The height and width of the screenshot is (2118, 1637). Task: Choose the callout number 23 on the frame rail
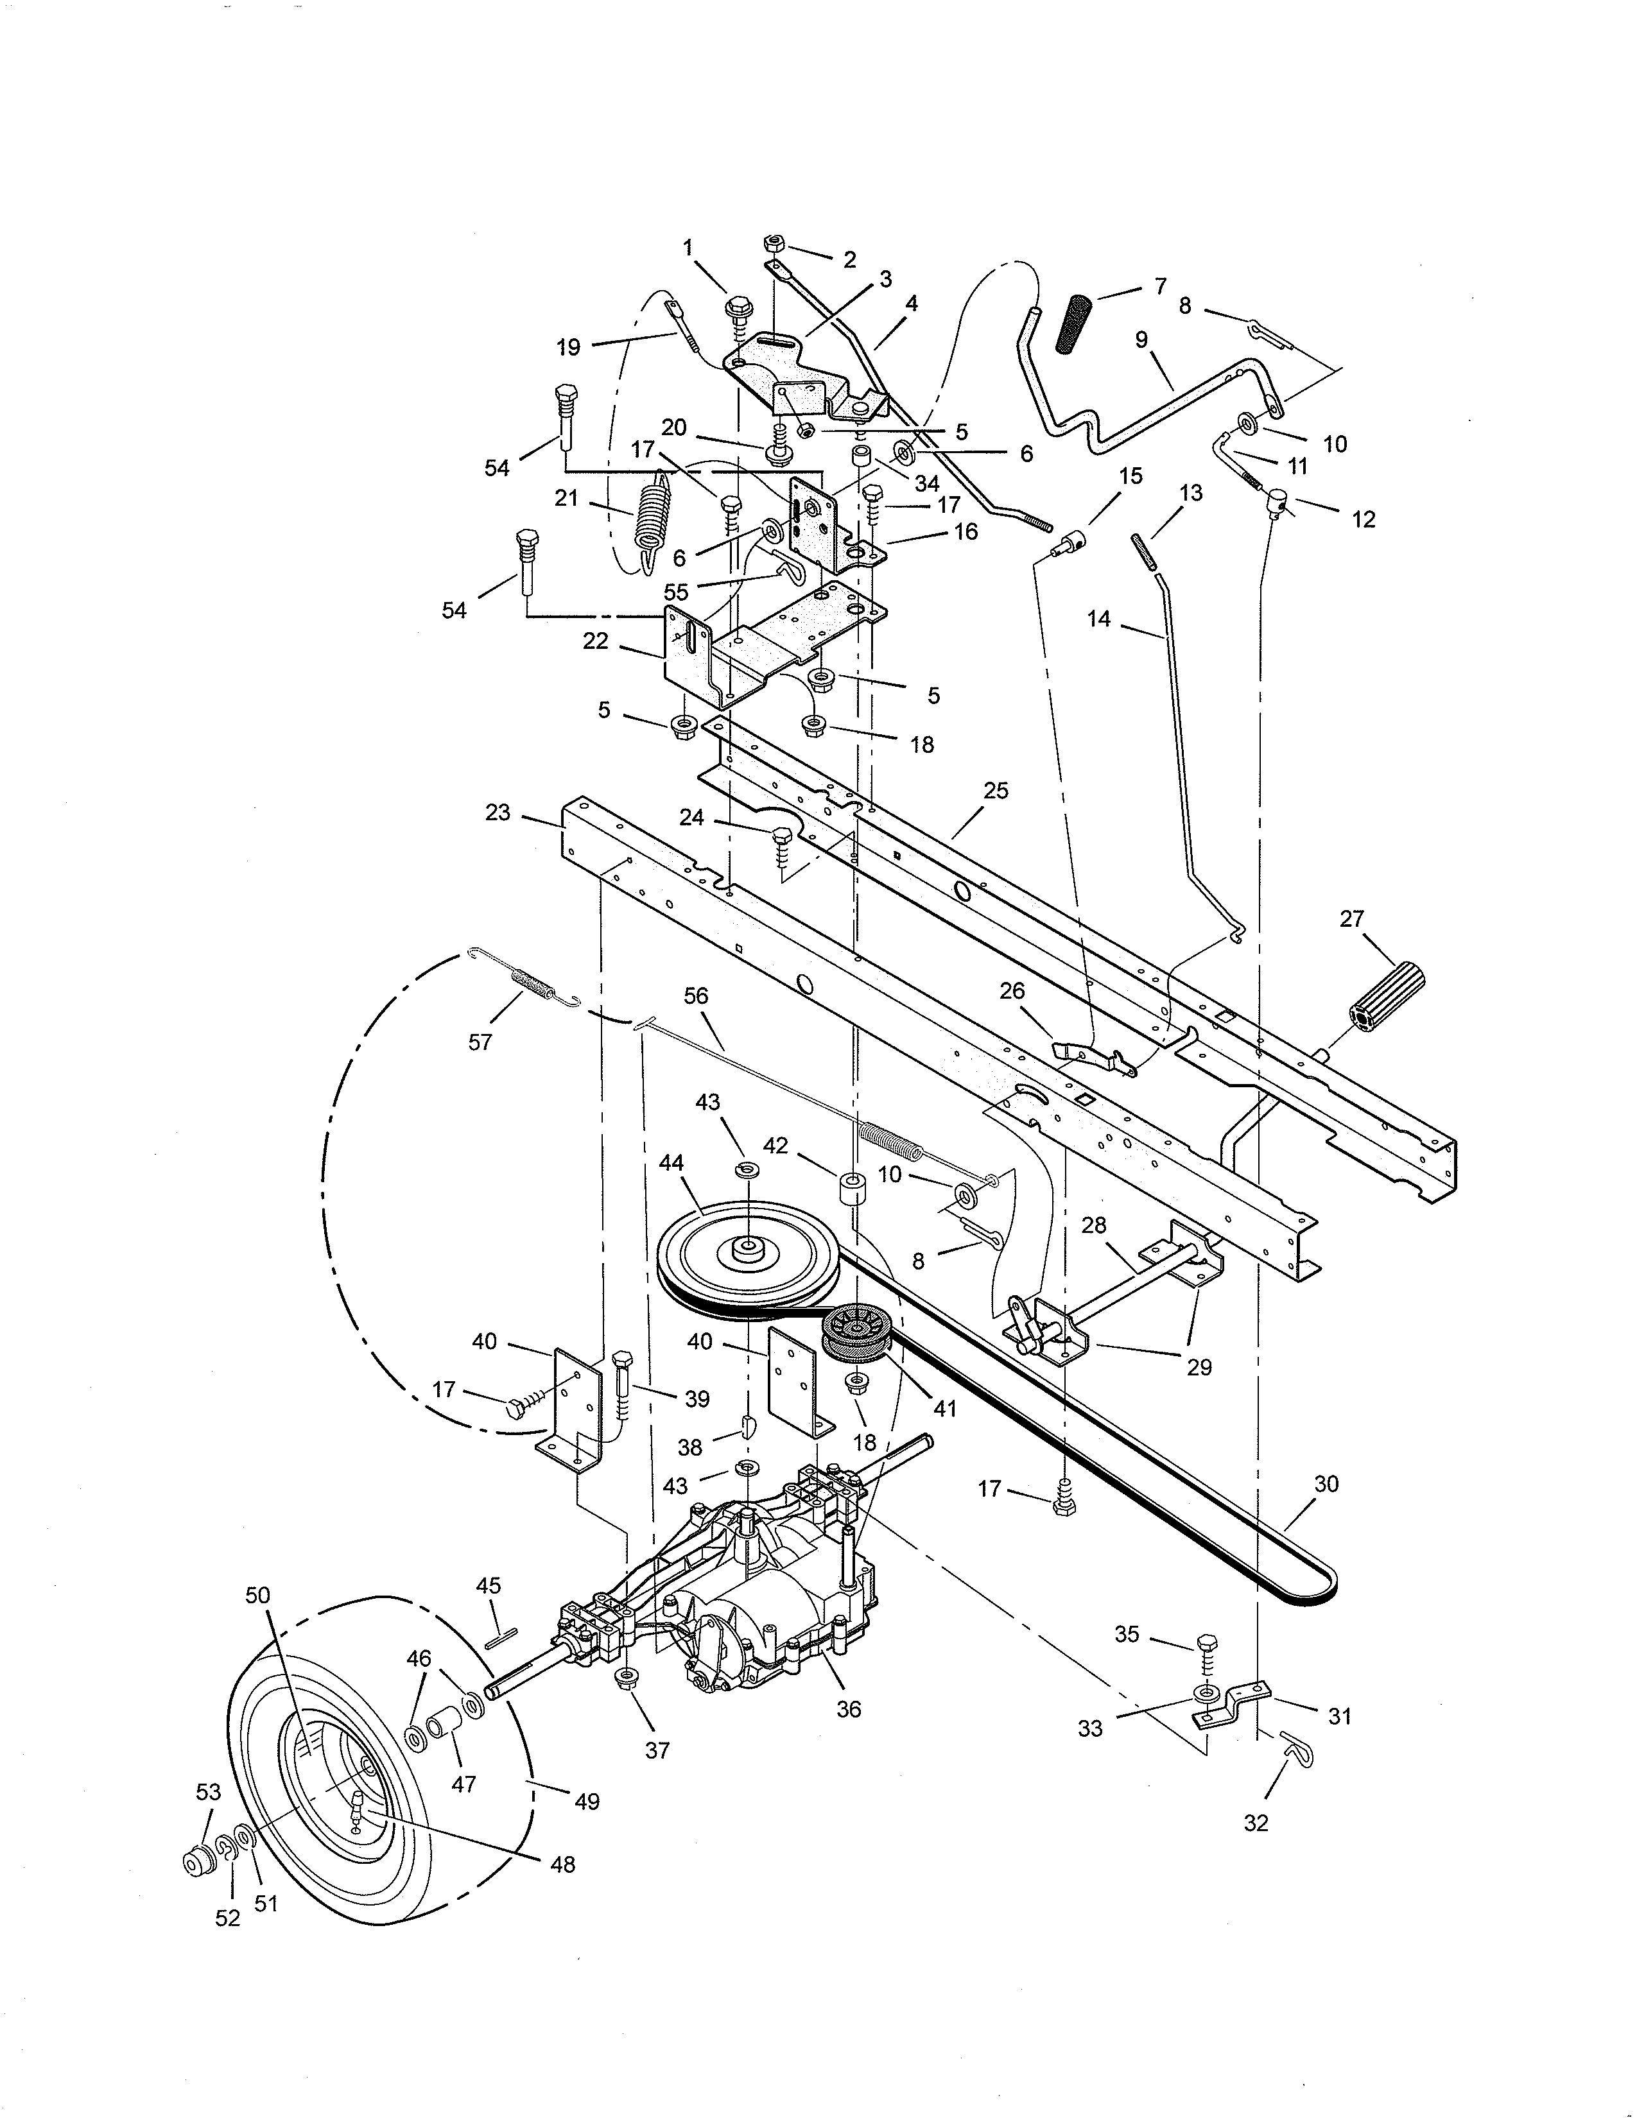498,812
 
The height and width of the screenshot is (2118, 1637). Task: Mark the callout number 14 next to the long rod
1099,617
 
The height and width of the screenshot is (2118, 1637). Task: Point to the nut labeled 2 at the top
774,243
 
